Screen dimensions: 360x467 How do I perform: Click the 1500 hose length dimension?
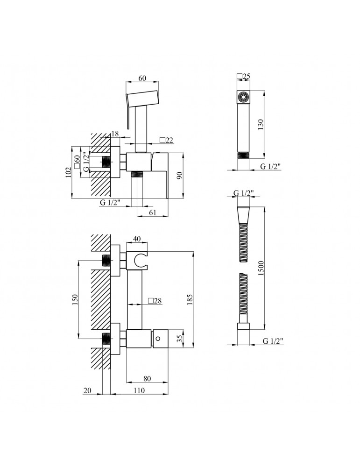click(261, 268)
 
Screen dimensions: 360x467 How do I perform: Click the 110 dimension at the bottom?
click(139, 390)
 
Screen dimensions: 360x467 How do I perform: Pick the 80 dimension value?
click(147, 379)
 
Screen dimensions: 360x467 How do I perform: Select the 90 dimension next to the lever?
click(179, 176)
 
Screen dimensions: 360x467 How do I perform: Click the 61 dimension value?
click(153, 212)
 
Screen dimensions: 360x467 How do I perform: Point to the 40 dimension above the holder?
click(137, 239)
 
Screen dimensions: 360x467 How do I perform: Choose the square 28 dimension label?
click(155, 301)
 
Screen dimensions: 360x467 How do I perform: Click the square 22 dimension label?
click(166, 140)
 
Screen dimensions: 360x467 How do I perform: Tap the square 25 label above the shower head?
click(243, 76)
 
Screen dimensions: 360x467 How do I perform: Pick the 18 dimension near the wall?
click(115, 134)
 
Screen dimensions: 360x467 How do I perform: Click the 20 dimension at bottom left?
click(87, 390)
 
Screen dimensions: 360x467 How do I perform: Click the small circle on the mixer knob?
click(158, 338)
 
